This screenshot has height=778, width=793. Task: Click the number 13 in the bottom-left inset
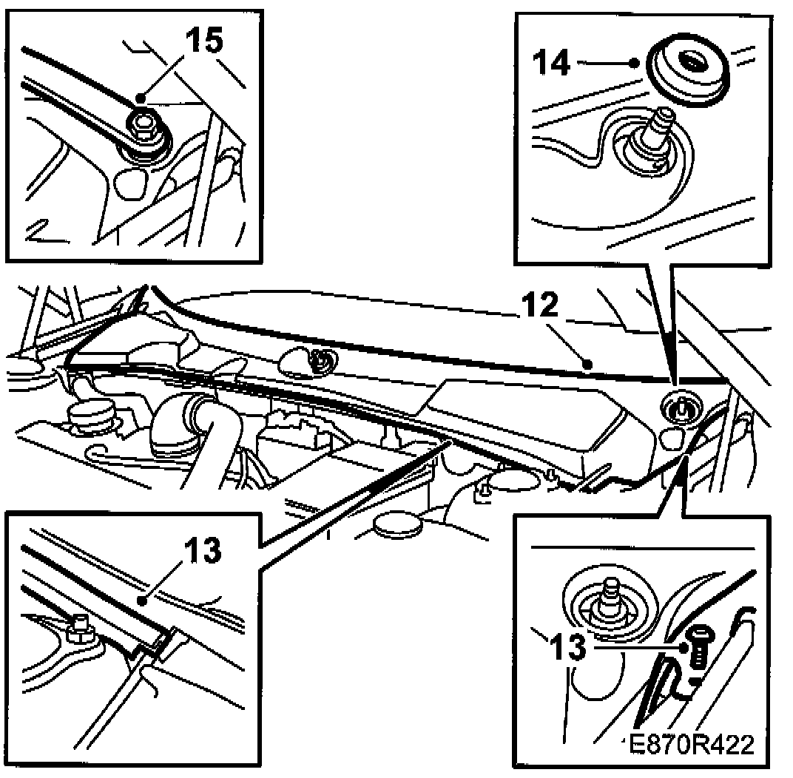(x=200, y=550)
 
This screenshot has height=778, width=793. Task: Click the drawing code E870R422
(x=690, y=743)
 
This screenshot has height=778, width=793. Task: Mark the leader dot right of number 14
(x=635, y=64)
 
